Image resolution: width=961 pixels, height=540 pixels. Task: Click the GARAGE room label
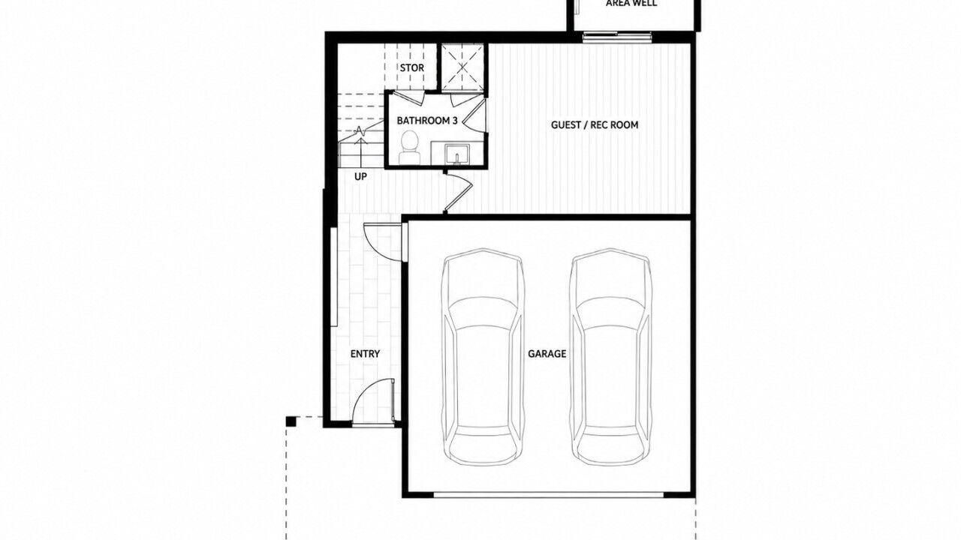click(x=547, y=354)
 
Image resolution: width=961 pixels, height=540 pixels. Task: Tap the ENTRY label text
click(x=365, y=354)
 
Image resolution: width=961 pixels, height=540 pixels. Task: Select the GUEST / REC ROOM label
click(x=595, y=125)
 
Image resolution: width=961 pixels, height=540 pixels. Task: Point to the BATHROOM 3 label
click(x=427, y=121)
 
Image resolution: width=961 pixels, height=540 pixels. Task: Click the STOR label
click(x=412, y=67)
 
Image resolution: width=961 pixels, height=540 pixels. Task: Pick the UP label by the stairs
click(x=360, y=176)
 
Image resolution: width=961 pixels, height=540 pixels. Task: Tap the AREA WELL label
click(x=631, y=4)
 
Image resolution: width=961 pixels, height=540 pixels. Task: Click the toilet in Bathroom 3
click(x=410, y=148)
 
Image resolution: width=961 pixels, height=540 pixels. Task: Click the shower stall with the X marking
click(x=462, y=67)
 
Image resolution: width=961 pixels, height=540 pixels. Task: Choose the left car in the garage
click(x=483, y=357)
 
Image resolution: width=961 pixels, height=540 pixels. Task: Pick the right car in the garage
click(x=611, y=357)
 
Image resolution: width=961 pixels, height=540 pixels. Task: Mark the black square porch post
click(x=291, y=421)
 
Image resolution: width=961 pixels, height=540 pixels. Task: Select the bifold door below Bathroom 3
click(x=458, y=191)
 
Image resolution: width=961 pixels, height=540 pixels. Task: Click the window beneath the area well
click(x=617, y=37)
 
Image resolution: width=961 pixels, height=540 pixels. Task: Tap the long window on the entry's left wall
click(x=334, y=277)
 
